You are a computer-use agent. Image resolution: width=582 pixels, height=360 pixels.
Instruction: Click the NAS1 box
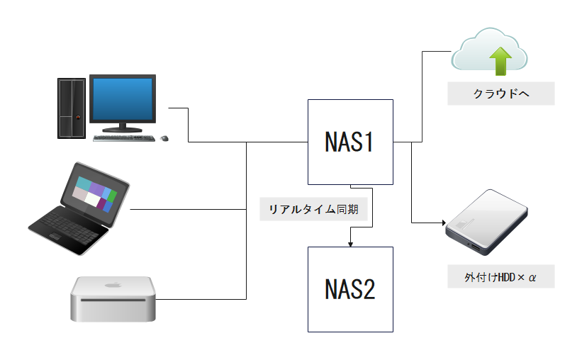pos(350,142)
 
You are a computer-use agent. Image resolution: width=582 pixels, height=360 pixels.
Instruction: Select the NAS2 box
pos(350,289)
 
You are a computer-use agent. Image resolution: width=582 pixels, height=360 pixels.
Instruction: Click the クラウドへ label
pos(500,94)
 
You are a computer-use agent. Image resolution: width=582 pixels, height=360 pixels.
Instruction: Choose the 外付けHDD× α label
pos(500,276)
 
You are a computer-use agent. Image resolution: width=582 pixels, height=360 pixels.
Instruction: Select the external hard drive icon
pos(488,223)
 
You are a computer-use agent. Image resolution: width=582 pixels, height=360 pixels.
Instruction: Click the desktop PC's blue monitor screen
pos(123,100)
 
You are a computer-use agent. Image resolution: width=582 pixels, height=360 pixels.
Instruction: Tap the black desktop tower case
pos(72,107)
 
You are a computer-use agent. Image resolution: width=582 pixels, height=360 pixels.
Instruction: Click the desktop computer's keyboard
pos(123,137)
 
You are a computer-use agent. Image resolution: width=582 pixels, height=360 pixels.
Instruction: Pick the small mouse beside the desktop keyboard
pos(164,137)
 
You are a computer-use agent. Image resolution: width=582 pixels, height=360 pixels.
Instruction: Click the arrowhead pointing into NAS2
pos(350,244)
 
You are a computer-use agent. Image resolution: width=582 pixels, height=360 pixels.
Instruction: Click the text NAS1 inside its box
pos(349,142)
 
